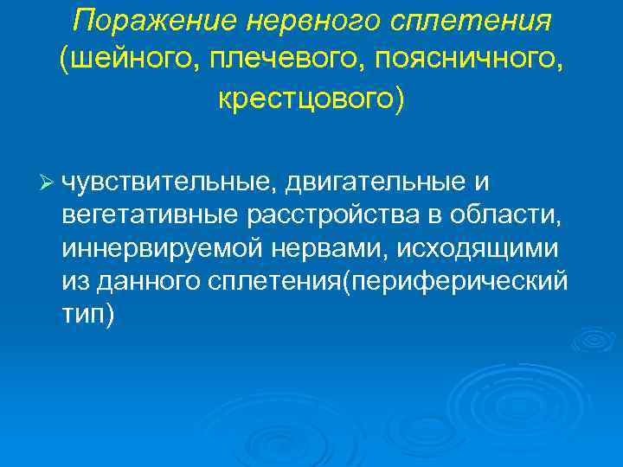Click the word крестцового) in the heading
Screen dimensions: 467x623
pyautogui.click(x=311, y=99)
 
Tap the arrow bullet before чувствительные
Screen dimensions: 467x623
pyautogui.click(x=48, y=183)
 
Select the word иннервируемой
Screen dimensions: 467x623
pyautogui.click(x=160, y=248)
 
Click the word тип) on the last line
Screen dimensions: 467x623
pyautogui.click(x=87, y=313)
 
